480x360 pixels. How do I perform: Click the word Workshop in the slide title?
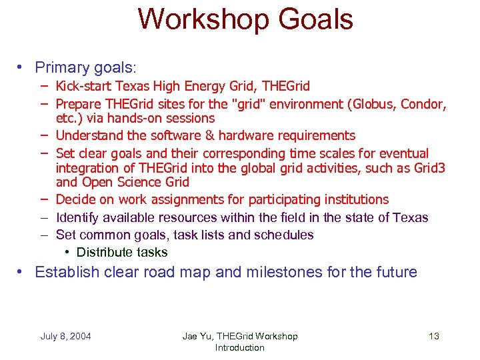pos(199,19)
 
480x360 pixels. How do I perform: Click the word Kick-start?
pos(84,87)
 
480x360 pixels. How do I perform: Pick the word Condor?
pos(422,104)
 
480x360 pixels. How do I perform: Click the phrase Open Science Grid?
pos(135,183)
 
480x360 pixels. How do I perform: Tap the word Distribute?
pos(105,252)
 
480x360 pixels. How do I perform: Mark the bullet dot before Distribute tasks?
pos(69,252)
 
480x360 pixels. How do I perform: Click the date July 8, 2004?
pos(65,336)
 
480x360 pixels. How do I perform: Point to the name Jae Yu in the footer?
pos(197,336)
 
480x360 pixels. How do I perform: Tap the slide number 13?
pos(433,336)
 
